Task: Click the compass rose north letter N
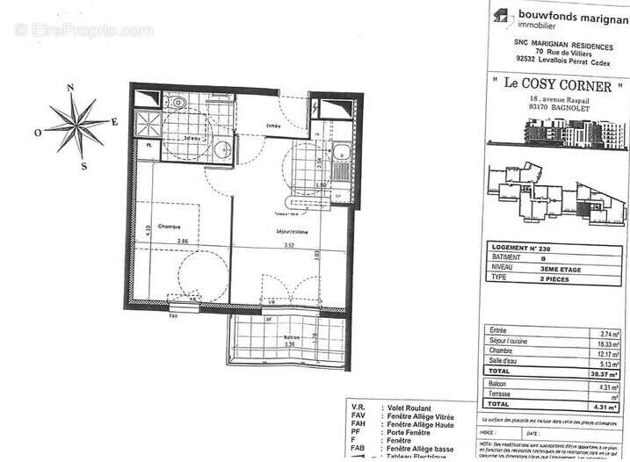point(70,86)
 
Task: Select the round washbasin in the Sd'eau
point(222,148)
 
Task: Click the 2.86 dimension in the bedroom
point(182,242)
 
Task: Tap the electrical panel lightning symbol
point(315,105)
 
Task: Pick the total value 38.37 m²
point(610,372)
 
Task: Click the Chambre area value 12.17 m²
point(611,352)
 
